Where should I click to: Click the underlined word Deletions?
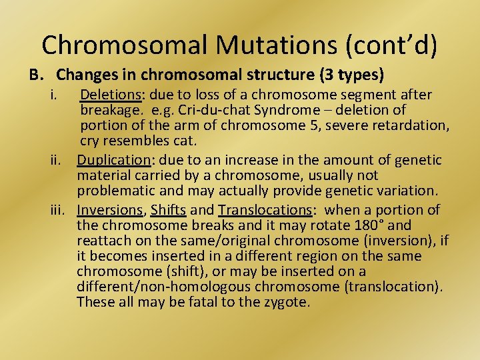[110, 95]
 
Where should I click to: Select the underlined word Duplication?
[114, 160]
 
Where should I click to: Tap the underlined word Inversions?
[110, 210]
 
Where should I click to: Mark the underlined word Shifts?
[168, 210]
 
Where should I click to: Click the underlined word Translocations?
[265, 210]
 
